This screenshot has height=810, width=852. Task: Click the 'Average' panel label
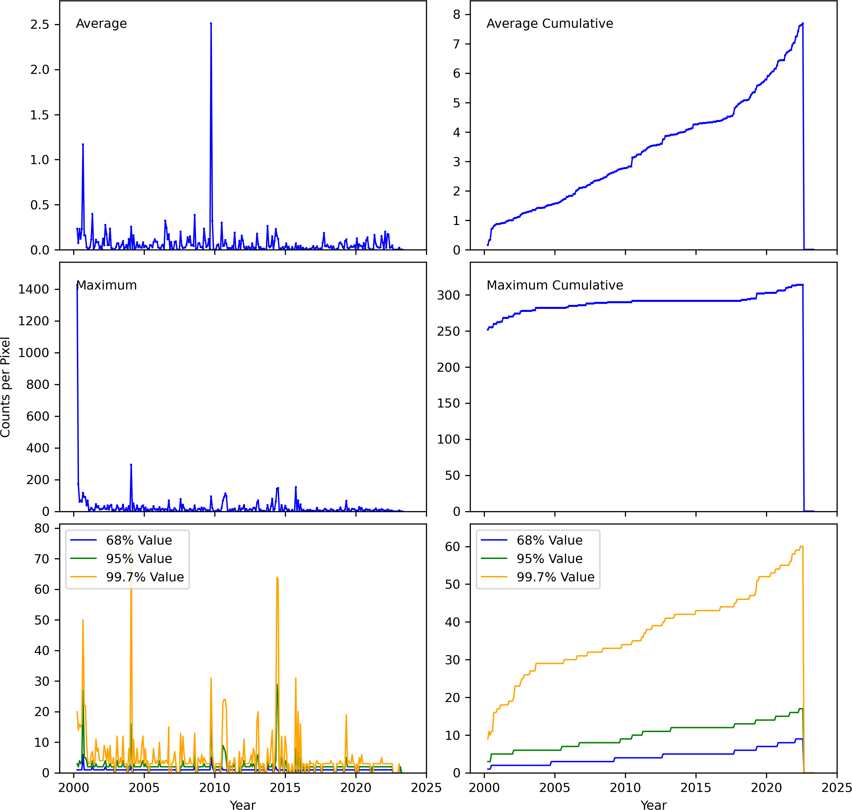click(101, 23)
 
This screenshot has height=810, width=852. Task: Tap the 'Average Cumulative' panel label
click(549, 23)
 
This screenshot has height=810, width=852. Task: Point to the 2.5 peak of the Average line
click(211, 24)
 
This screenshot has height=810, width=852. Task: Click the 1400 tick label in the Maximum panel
click(33, 289)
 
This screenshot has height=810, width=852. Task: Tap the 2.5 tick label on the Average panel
click(39, 25)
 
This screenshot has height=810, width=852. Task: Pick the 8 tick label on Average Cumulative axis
click(456, 15)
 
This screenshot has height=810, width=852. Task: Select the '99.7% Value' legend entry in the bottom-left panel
click(145, 577)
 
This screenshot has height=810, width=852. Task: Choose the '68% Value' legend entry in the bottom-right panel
click(549, 540)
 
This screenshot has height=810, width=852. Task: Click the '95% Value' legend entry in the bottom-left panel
click(139, 559)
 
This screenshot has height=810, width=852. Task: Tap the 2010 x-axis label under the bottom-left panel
click(215, 788)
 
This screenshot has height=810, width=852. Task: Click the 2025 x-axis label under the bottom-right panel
click(837, 788)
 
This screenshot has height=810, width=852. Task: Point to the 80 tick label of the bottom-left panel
click(41, 529)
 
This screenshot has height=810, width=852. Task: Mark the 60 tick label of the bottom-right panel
click(452, 547)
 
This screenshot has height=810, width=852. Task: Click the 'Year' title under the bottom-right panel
click(653, 804)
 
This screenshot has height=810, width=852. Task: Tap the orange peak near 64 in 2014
click(277, 577)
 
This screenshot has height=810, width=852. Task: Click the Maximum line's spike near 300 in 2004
click(131, 465)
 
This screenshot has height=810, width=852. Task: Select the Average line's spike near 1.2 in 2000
click(83, 145)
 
